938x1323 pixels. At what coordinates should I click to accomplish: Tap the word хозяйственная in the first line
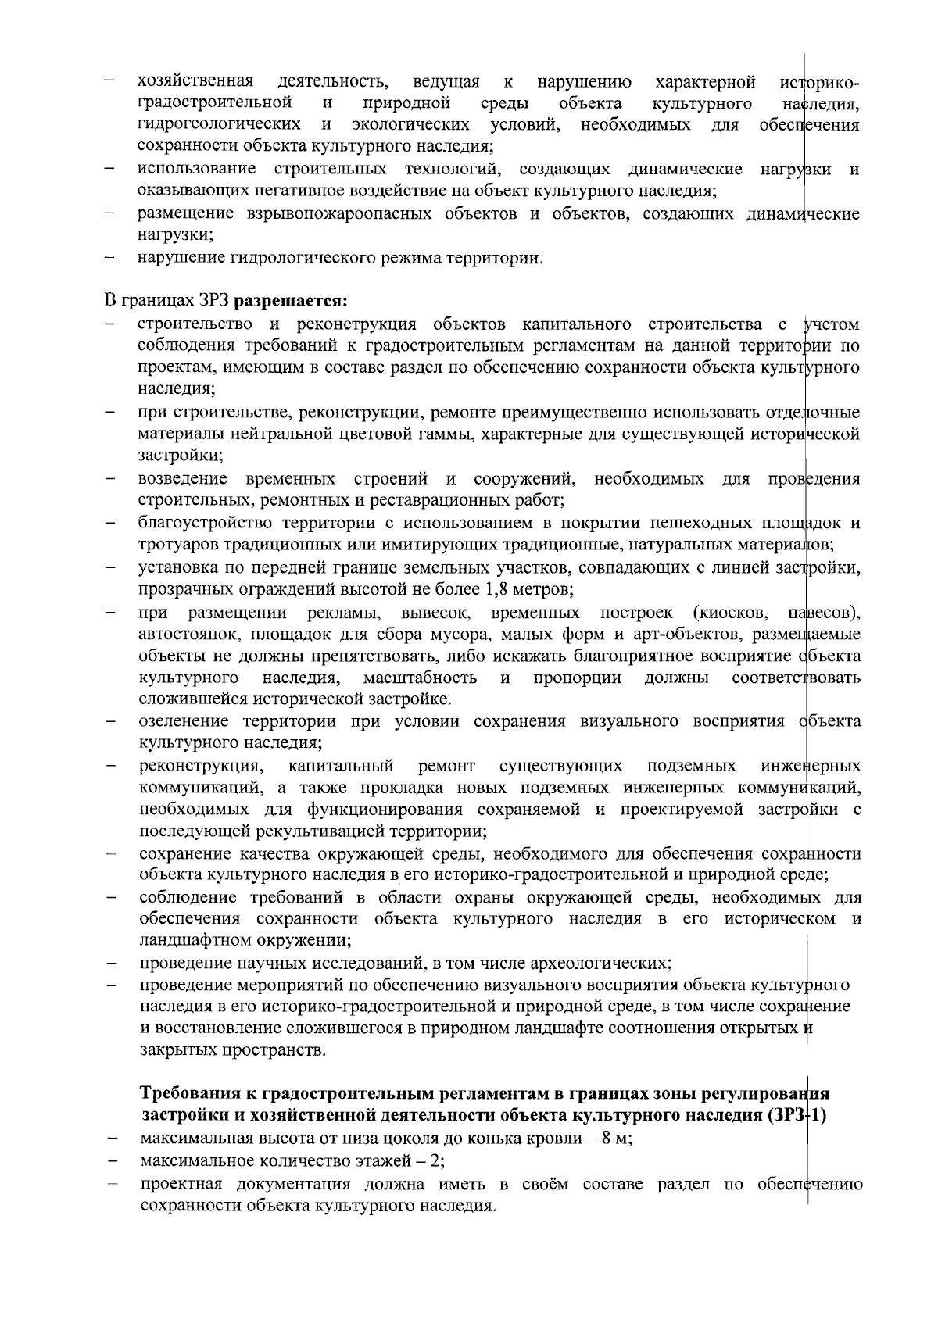pyautogui.click(x=195, y=81)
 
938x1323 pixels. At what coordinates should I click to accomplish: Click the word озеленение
pyautogui.click(x=184, y=720)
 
